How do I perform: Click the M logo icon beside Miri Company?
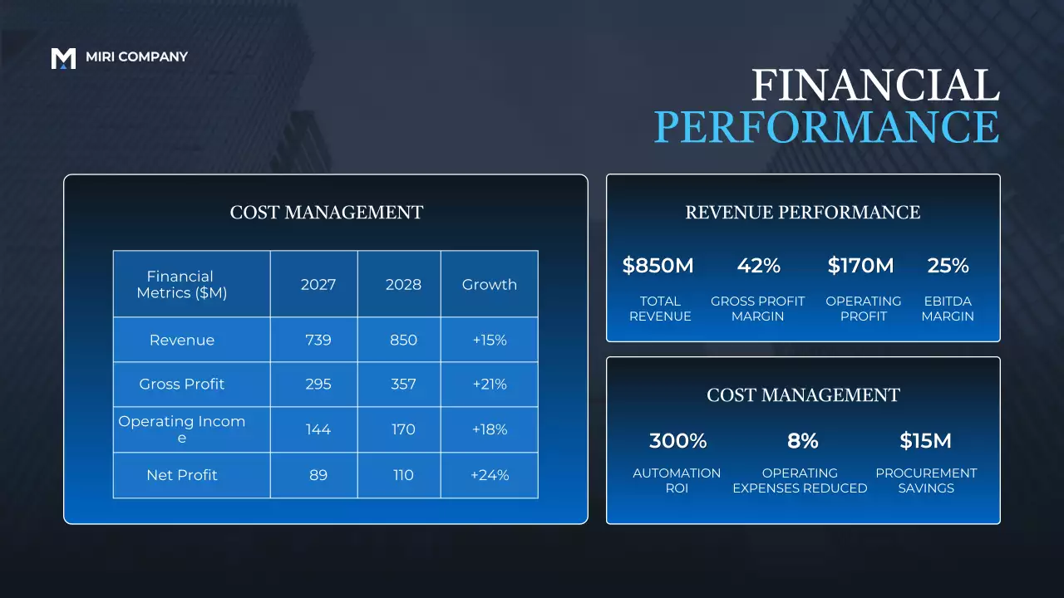click(x=63, y=58)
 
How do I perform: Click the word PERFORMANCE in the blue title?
click(x=826, y=127)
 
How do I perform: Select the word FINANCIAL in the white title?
click(x=874, y=86)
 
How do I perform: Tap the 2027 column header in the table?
click(x=318, y=284)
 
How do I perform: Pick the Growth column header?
click(x=490, y=284)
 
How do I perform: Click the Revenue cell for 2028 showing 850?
click(x=403, y=340)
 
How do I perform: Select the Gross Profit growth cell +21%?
click(x=490, y=384)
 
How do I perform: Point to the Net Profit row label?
click(x=182, y=475)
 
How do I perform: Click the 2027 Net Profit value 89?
click(x=318, y=475)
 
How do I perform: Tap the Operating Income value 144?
click(x=318, y=429)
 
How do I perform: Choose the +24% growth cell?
click(x=490, y=475)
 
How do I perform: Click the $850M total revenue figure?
click(x=658, y=266)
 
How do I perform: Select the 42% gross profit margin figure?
click(x=758, y=266)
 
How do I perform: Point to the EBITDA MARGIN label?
click(x=948, y=308)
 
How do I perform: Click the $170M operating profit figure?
click(x=861, y=266)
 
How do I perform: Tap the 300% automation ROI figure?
click(x=677, y=440)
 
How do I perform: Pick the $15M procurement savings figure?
click(x=925, y=440)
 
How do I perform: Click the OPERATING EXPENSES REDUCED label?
click(x=800, y=480)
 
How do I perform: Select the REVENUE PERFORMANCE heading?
click(x=803, y=213)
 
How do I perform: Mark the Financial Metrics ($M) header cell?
click(x=182, y=284)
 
